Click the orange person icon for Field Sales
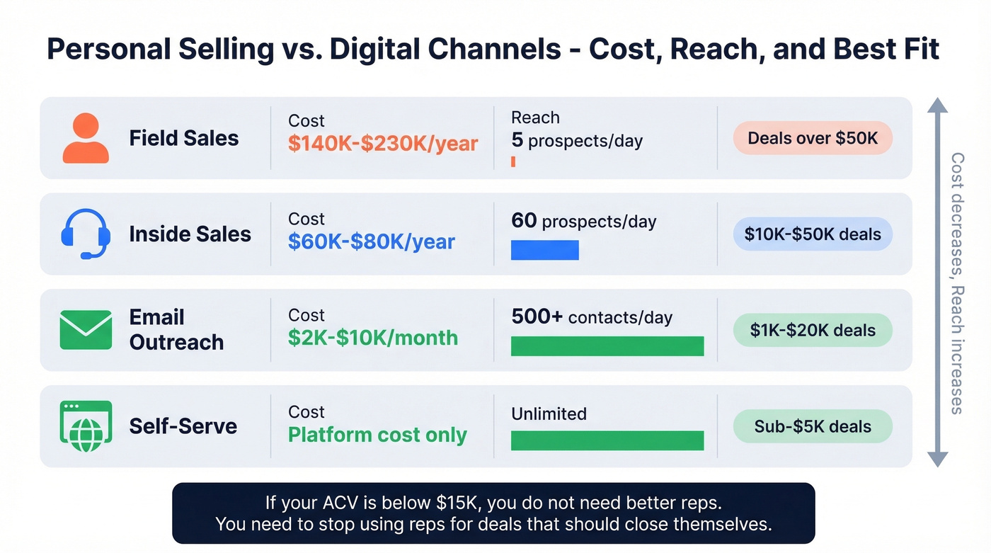[86, 138]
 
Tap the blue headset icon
[86, 234]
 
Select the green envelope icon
[86, 330]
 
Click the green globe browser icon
[86, 426]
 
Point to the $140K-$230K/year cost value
[383, 144]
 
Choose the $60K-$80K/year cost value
[371, 241]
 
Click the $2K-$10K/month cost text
[372, 338]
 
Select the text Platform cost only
[377, 435]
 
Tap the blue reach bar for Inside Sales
[544, 250]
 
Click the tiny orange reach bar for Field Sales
[513, 162]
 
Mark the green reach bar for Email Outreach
[607, 346]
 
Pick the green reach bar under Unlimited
[607, 441]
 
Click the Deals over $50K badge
[813, 138]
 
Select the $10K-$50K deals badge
[813, 234]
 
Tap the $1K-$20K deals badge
[813, 330]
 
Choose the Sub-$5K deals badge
[813, 426]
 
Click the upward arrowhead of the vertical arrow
[937, 106]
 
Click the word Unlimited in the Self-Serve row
[549, 414]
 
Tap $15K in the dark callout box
[454, 503]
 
